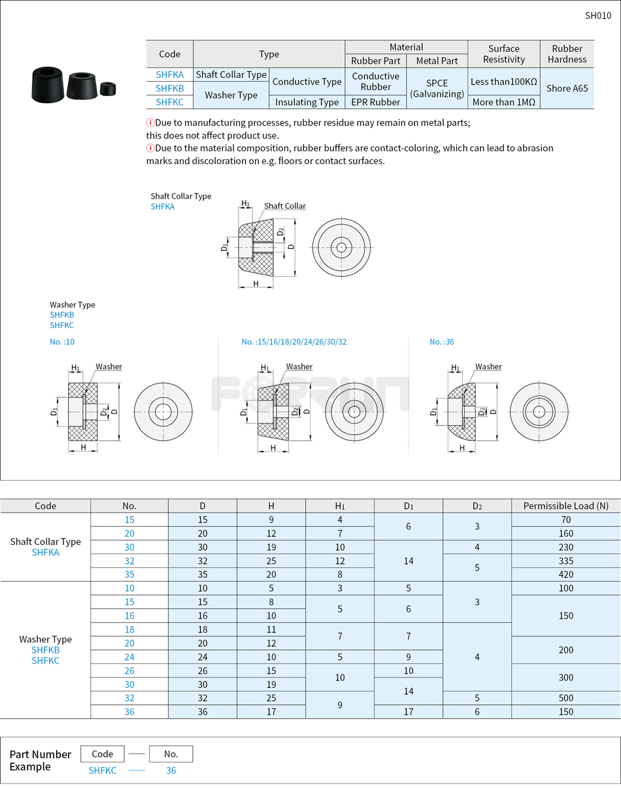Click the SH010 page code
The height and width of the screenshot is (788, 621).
597,16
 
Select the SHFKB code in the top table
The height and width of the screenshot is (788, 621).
169,88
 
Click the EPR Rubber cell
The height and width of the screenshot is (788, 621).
375,102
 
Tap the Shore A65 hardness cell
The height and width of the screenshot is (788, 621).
567,88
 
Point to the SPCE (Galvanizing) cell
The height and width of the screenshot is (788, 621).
437,88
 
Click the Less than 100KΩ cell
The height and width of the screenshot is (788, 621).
503,82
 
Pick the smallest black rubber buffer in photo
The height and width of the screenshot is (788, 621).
108,87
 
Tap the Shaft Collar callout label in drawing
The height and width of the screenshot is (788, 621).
284,206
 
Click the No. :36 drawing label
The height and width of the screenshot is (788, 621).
441,342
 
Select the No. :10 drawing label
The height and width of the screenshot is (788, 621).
62,342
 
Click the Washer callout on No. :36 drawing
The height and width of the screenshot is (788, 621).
488,367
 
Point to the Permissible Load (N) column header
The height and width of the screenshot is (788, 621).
565,506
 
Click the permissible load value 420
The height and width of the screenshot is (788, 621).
565,574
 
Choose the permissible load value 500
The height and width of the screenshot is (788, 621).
565,698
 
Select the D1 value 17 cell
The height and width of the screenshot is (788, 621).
408,712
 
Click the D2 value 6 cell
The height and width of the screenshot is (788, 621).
477,712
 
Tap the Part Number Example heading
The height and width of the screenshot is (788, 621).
40,761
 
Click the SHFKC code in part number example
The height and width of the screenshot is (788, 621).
103,770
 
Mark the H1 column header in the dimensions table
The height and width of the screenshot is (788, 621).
339,506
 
